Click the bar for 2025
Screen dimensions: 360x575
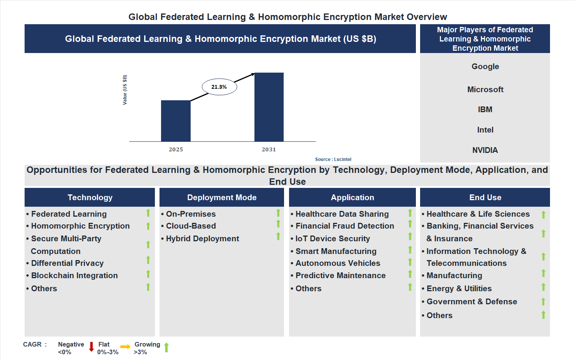coord(176,121)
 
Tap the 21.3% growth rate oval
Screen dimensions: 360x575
coord(219,87)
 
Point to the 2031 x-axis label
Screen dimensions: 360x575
coord(269,149)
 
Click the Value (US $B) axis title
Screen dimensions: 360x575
coord(125,90)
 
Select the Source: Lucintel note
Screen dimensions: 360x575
coord(333,159)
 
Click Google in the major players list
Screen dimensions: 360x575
coord(485,66)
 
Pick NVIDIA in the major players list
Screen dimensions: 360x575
coord(485,150)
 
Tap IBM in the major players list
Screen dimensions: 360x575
coord(485,109)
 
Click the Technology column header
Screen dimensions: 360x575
coord(90,197)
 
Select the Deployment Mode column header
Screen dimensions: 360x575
coord(222,197)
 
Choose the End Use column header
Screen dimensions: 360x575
coord(485,197)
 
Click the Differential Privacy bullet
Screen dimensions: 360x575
coord(67,263)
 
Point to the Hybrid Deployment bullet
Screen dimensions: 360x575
coord(202,239)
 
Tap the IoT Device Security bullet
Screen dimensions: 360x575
coord(332,239)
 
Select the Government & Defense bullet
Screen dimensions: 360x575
coord(472,302)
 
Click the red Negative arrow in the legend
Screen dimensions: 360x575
coord(91,347)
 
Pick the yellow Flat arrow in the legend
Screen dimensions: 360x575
coord(125,347)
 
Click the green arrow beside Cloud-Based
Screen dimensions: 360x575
coord(278,224)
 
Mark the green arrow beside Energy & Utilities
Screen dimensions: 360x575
coord(543,287)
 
